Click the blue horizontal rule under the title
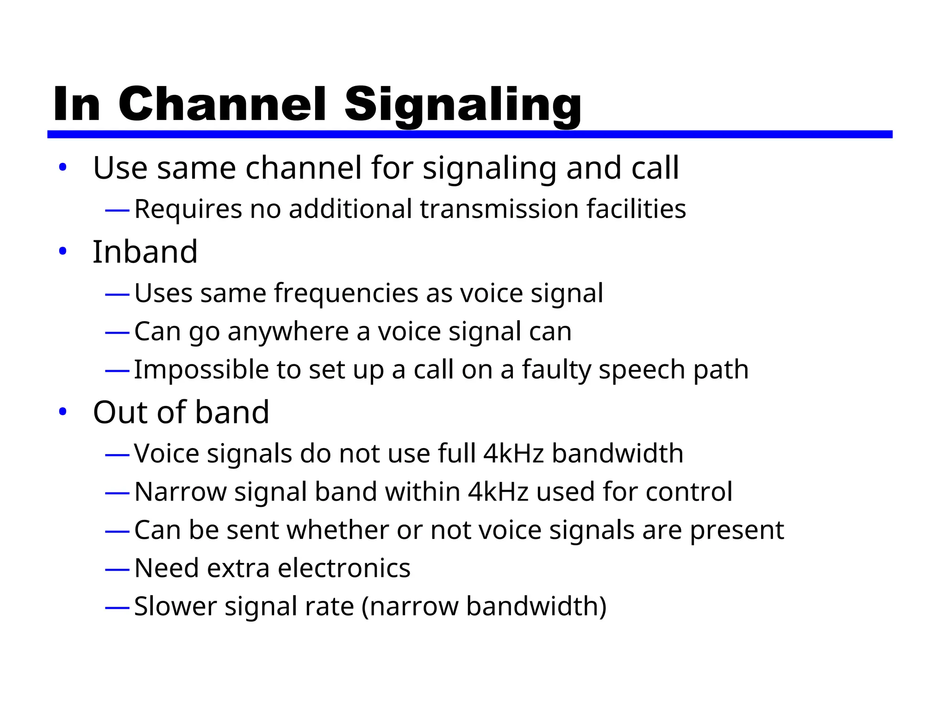pyautogui.click(x=469, y=134)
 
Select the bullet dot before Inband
pyautogui.click(x=63, y=252)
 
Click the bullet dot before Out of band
pyautogui.click(x=63, y=412)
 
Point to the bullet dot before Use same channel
pyautogui.click(x=63, y=168)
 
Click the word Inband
pyautogui.click(x=145, y=252)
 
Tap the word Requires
pyautogui.click(x=188, y=209)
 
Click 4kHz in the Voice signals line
pyautogui.click(x=513, y=453)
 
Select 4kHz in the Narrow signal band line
pyautogui.click(x=498, y=492)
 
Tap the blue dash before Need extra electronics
pyautogui.click(x=117, y=569)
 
